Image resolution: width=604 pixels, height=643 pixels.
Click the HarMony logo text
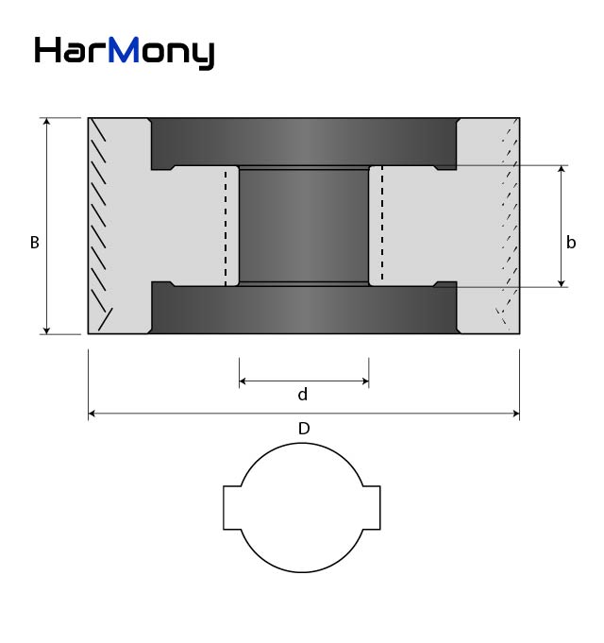[x=125, y=53]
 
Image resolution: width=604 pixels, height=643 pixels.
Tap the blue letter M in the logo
[x=124, y=49]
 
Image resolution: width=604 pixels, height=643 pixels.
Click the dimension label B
[x=34, y=243]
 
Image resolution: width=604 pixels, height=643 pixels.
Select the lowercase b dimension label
[x=571, y=243]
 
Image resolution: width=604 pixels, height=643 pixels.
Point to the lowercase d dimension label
[x=302, y=395]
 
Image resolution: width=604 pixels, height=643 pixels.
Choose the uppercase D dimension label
[x=304, y=429]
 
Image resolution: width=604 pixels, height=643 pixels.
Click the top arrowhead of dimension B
[x=46, y=121]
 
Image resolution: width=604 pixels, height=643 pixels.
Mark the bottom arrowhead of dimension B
[x=46, y=330]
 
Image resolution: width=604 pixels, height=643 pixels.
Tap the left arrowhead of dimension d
[x=243, y=381]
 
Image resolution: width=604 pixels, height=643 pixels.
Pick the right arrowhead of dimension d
[x=365, y=381]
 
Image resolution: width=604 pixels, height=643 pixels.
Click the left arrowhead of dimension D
[x=92, y=414]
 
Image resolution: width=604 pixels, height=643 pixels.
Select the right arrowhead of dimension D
[x=516, y=414]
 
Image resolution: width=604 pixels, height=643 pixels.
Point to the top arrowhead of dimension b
[x=562, y=169]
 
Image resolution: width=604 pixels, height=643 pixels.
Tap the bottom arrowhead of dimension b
[x=562, y=284]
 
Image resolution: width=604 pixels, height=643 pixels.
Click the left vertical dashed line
[x=226, y=228]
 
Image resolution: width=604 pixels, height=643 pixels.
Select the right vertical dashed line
[x=382, y=225]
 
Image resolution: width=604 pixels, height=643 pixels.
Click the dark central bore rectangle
[x=304, y=226]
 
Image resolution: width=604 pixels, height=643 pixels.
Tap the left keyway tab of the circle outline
[x=232, y=508]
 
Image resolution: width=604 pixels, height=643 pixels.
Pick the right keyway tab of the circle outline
[x=372, y=508]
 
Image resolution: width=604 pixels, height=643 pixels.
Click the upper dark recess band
[x=304, y=144]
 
